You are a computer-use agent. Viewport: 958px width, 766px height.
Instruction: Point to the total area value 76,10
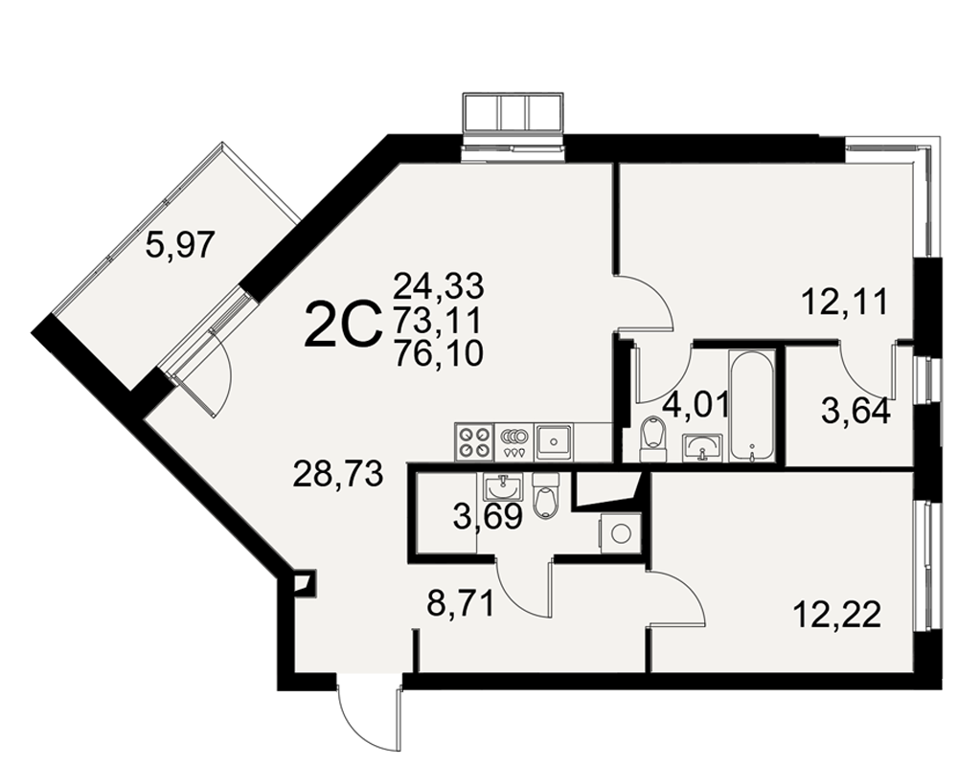[x=439, y=353]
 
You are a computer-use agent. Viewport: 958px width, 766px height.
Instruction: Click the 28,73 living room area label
[x=338, y=473]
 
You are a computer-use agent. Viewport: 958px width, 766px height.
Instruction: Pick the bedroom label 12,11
[x=844, y=303]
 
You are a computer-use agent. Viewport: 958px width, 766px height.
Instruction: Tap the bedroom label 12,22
[x=838, y=615]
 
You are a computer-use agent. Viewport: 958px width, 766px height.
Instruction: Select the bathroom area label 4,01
[x=696, y=404]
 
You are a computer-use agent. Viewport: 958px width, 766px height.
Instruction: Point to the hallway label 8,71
[x=460, y=605]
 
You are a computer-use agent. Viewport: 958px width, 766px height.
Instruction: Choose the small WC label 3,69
[x=488, y=517]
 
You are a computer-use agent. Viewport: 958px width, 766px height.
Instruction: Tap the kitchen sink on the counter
[x=554, y=442]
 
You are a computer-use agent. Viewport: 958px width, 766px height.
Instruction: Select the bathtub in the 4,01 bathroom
[x=751, y=406]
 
